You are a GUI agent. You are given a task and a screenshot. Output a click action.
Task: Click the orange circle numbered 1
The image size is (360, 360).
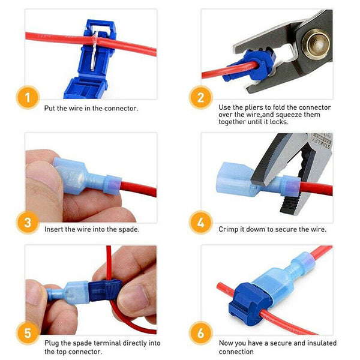(x=28, y=98)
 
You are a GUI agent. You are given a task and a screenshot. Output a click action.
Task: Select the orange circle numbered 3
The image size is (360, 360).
(x=28, y=223)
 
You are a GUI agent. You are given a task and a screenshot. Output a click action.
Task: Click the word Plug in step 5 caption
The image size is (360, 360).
(x=52, y=343)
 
